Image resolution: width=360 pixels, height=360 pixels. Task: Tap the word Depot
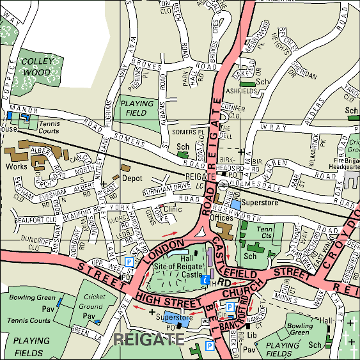tap(131, 178)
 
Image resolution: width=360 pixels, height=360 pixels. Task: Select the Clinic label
tap(173, 208)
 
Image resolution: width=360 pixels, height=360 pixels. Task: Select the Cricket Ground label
tap(93, 302)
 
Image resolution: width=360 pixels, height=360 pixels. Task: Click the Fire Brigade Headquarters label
tap(346, 160)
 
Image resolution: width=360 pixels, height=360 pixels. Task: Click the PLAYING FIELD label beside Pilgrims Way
tap(136, 108)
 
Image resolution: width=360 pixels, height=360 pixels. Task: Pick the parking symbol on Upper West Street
tap(129, 262)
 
